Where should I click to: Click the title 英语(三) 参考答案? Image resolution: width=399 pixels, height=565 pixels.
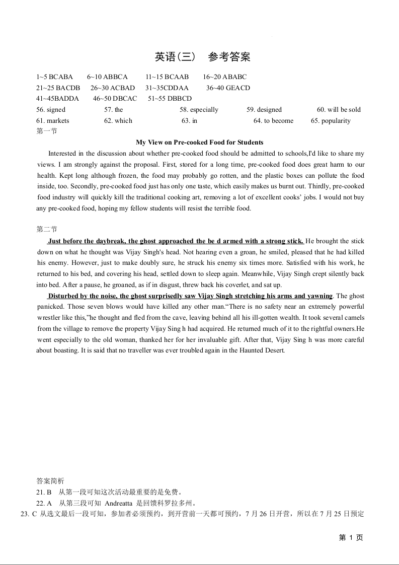click(202, 57)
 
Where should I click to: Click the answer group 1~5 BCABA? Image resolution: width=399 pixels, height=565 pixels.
click(54, 77)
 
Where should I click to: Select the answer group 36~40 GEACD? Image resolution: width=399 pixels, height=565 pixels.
click(228, 88)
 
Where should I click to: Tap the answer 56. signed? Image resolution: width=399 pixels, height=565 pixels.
click(51, 109)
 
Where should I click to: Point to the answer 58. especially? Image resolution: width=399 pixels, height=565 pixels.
click(199, 109)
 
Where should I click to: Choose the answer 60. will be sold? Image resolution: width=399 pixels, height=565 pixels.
click(339, 109)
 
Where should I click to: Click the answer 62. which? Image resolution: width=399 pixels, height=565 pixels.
click(118, 120)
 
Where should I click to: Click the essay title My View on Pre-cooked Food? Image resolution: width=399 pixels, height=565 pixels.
click(199, 142)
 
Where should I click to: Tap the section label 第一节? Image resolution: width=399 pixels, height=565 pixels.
click(47, 131)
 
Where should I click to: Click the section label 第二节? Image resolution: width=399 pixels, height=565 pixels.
click(47, 230)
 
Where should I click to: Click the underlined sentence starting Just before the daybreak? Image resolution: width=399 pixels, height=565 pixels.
click(176, 241)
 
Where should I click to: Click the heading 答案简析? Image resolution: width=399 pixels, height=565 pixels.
click(50, 480)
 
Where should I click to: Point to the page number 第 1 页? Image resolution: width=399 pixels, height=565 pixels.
click(351, 538)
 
